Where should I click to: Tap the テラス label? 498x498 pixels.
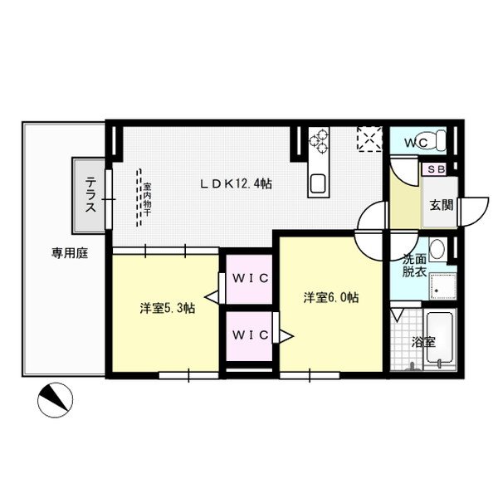[89, 195]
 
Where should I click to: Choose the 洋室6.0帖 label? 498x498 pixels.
[330, 296]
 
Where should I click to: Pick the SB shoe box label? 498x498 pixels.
[435, 169]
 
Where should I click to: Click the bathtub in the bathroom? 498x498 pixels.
[440, 339]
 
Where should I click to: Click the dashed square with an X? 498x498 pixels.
[368, 139]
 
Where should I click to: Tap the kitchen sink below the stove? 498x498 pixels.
[318, 183]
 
